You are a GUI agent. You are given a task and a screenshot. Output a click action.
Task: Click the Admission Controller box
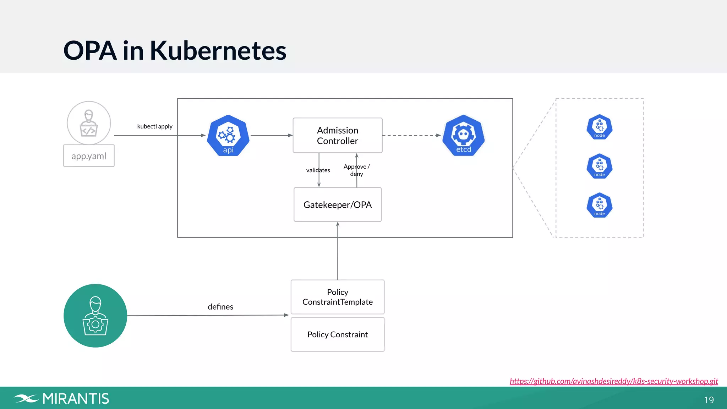pyautogui.click(x=337, y=135)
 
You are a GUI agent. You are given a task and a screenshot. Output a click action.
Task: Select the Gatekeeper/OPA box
pyautogui.click(x=337, y=204)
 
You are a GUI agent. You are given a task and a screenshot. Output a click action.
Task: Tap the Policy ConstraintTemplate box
pyautogui.click(x=337, y=297)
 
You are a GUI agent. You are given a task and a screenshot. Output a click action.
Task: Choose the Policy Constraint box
pyautogui.click(x=337, y=334)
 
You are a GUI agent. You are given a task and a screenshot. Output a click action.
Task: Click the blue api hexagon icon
pyautogui.click(x=228, y=135)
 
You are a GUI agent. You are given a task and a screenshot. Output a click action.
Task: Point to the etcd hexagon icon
pyautogui.click(x=463, y=135)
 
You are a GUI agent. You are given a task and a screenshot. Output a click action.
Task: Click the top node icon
pyautogui.click(x=599, y=127)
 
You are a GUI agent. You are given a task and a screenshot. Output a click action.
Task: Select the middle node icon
pyautogui.click(x=599, y=166)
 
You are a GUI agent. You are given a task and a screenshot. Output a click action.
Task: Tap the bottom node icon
pyautogui.click(x=599, y=205)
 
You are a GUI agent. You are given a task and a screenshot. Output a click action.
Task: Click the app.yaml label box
pyautogui.click(x=89, y=156)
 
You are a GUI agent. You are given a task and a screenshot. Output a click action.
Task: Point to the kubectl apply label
pyautogui.click(x=155, y=126)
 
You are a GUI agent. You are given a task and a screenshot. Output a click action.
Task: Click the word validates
pyautogui.click(x=318, y=170)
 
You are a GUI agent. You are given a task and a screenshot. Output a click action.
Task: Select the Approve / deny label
pyautogui.click(x=356, y=170)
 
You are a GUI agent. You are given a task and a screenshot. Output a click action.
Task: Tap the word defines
pyautogui.click(x=220, y=307)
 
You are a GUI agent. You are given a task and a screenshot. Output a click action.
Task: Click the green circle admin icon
pyautogui.click(x=95, y=316)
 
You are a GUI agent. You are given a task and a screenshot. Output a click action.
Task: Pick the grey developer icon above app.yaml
pyautogui.click(x=89, y=123)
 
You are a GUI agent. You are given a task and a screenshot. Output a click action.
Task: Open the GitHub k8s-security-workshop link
pyautogui.click(x=613, y=381)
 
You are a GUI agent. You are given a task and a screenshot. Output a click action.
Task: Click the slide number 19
pyautogui.click(x=709, y=400)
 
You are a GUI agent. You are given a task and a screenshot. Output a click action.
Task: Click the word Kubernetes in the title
pyautogui.click(x=218, y=50)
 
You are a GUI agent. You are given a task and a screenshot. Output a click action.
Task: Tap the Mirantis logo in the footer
pyautogui.click(x=61, y=399)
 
